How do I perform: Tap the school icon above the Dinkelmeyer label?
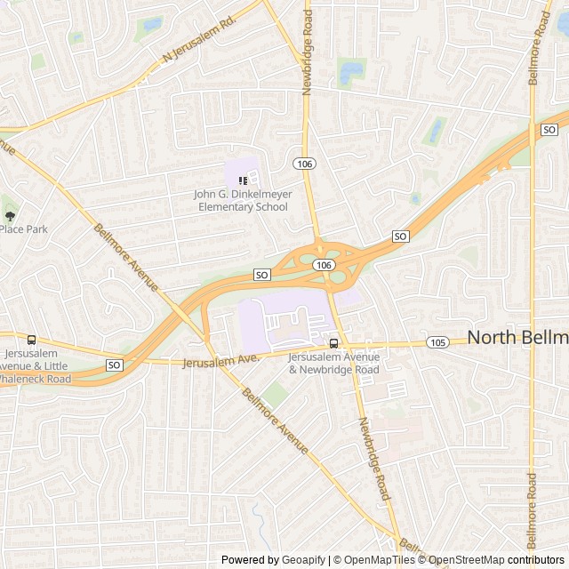243,180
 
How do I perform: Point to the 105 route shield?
437,342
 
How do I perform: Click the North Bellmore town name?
517,337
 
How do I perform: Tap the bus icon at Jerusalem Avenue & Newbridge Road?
333,343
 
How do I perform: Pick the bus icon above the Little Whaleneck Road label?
32,340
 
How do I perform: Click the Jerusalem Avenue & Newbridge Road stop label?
333,363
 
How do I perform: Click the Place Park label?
23,228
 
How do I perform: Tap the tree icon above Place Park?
10,214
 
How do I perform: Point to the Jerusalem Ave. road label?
220,359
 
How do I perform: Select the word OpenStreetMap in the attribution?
466,560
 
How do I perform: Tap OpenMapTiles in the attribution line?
379,560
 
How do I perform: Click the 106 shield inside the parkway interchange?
324,265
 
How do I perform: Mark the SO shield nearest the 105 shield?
400,236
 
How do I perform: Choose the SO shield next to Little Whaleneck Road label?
114,365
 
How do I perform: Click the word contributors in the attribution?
536,560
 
